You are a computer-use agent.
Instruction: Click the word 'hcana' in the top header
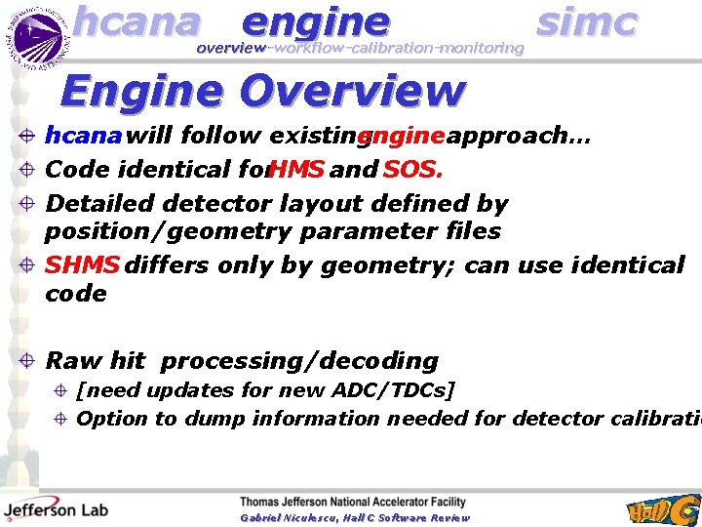coord(136,21)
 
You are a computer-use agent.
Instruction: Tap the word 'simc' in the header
coord(587,21)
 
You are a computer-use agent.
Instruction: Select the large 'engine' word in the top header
coord(315,21)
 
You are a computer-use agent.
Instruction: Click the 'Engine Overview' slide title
coord(262,91)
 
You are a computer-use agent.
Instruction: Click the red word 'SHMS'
coord(83,265)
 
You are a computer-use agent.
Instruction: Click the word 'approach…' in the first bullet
coord(518,137)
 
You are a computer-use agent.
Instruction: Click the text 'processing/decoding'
coord(299,361)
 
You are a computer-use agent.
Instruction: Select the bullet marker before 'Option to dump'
coord(60,419)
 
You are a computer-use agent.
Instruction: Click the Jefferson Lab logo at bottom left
coord(56,508)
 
